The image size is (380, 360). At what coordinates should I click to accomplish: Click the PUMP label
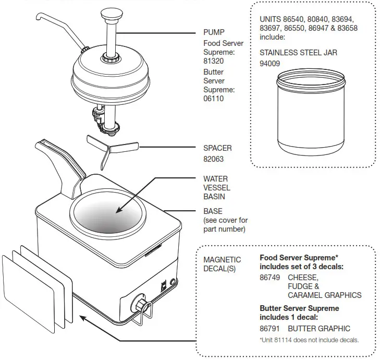[214, 32]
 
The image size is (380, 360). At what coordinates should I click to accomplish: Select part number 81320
[214, 62]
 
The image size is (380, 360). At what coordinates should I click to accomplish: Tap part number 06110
[214, 99]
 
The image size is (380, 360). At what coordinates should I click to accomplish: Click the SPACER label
[217, 148]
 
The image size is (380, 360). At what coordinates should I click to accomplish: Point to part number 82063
[214, 159]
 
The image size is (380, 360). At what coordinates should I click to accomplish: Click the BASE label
[213, 211]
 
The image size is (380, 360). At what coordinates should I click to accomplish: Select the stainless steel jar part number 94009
[269, 64]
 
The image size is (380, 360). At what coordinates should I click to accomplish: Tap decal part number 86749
[269, 278]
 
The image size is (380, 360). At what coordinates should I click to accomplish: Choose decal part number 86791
[269, 329]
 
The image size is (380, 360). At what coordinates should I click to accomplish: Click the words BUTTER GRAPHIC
[319, 329]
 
